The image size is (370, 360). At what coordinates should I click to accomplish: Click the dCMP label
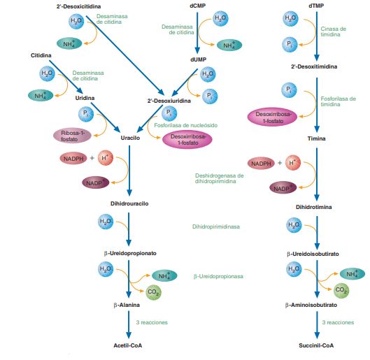pyautogui.click(x=198, y=6)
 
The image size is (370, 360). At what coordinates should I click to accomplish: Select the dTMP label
pyautogui.click(x=318, y=6)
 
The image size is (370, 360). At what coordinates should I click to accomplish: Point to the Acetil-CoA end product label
pyautogui.click(x=129, y=345)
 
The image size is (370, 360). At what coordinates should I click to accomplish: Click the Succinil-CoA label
pyautogui.click(x=318, y=345)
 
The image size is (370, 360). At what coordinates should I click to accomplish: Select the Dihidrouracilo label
pyautogui.click(x=129, y=203)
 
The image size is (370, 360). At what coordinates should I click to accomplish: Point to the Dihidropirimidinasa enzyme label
pyautogui.click(x=218, y=226)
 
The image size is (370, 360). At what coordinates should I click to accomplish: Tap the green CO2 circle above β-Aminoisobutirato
pyautogui.click(x=341, y=289)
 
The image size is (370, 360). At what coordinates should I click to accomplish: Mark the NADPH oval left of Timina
pyautogui.click(x=261, y=164)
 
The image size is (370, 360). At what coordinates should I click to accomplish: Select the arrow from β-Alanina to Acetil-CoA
pyautogui.click(x=129, y=325)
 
